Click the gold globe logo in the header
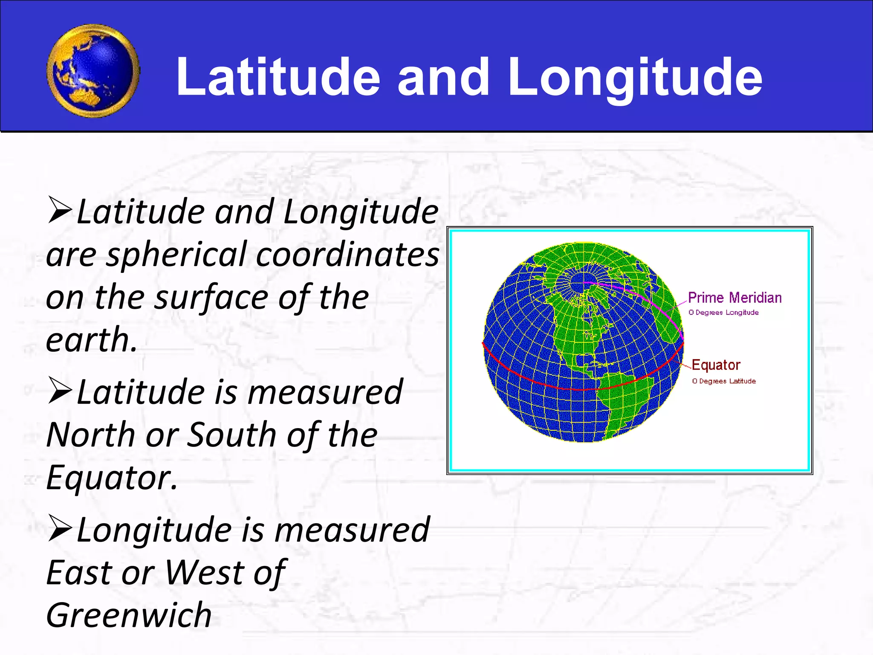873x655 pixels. coord(93,71)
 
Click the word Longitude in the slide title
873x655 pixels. coord(635,78)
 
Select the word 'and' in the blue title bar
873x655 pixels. coord(443,78)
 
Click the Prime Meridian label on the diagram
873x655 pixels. coord(734,298)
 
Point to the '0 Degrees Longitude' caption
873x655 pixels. coord(723,313)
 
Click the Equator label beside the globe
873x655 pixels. coord(716,365)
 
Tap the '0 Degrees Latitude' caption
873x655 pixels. coord(724,381)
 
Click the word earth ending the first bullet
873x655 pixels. coord(91,340)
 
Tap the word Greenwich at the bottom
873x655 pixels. coord(129,616)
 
